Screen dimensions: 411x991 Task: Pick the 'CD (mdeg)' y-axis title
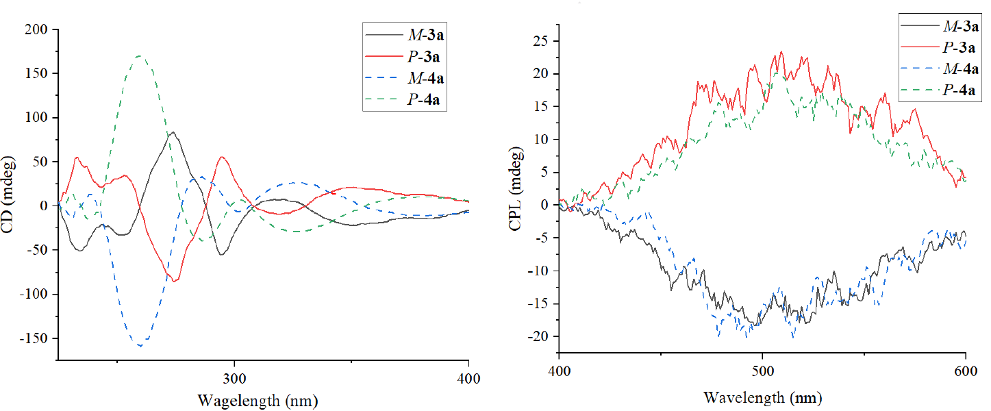[10, 195]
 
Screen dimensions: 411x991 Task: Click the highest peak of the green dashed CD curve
[140, 56]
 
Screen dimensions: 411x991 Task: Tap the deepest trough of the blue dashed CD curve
[140, 345]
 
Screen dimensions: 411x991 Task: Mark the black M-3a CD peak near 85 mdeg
[173, 132]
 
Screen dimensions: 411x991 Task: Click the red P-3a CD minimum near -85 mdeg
[175, 281]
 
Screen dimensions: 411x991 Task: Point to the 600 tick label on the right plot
[965, 371]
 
